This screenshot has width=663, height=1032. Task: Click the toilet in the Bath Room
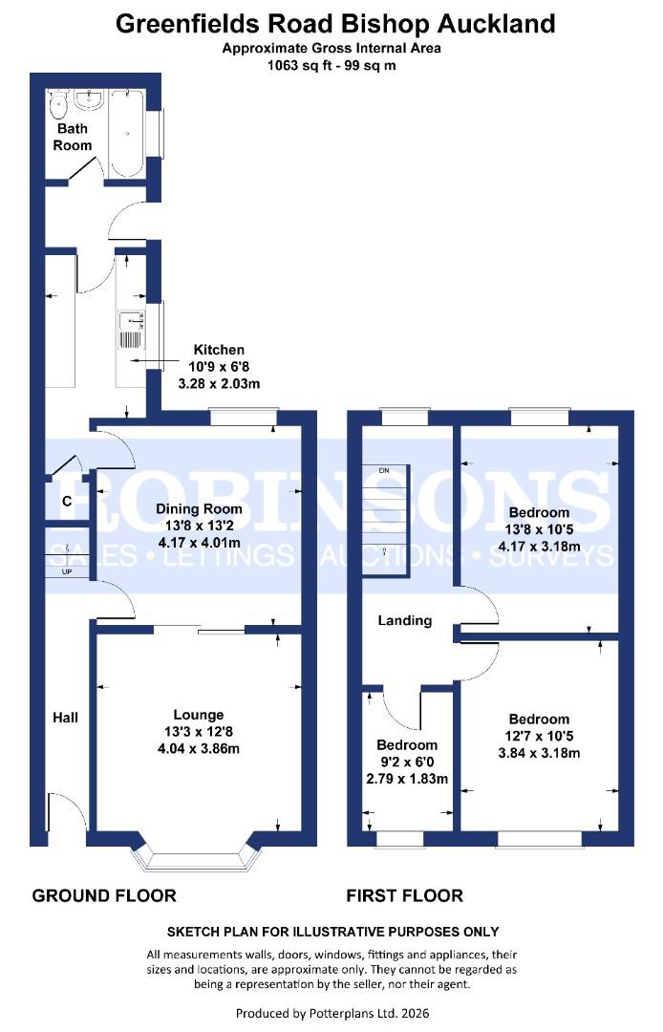59,103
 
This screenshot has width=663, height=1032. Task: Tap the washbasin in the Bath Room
94,100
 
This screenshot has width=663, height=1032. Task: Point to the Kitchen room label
219,350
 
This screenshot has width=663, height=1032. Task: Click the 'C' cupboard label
67,501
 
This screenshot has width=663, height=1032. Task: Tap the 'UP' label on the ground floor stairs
67,571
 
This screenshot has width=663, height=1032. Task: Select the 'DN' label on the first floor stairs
384,471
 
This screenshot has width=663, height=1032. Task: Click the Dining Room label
199,509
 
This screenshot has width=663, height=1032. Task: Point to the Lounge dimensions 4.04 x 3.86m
199,748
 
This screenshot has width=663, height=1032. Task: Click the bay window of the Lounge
198,859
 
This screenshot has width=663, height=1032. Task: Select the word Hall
66,717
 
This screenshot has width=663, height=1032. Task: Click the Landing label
404,620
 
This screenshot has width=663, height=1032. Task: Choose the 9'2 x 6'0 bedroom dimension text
406,763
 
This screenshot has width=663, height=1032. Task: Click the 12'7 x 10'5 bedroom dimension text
539,736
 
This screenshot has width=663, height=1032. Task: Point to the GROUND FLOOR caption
104,895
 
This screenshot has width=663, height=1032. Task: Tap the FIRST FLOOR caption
405,895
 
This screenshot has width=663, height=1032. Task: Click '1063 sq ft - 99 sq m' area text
331,66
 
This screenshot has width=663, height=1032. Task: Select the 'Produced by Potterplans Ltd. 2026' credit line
331,1012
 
